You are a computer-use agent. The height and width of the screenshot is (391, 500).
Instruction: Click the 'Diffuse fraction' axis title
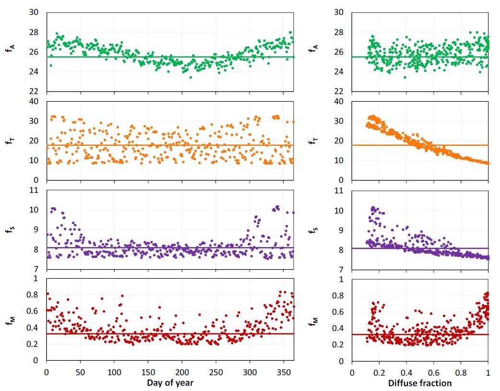pos(420,383)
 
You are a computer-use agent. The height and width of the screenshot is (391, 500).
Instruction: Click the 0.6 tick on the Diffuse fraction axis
pos(434,372)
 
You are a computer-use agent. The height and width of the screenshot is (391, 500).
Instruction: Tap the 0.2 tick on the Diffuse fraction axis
pos(379,372)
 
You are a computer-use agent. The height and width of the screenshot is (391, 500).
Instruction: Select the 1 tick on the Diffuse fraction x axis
pos(488,372)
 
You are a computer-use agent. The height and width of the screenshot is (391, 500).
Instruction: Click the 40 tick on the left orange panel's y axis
pos(34,101)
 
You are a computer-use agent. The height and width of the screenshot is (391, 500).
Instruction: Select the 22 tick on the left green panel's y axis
pos(34,91)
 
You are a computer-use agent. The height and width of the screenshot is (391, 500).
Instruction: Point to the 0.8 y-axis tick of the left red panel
pos(34,295)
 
